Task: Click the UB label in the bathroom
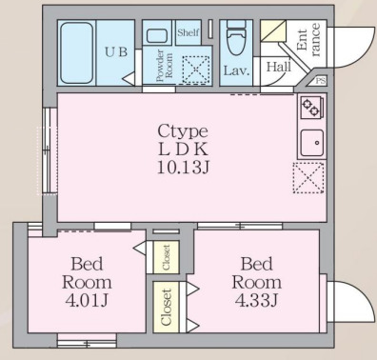[x=116, y=50]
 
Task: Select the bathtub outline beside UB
[x=76, y=53]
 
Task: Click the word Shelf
[x=188, y=31]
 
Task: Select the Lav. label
[x=236, y=70]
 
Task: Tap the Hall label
[x=278, y=67]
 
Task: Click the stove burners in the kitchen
[x=311, y=108]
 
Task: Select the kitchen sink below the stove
[x=311, y=142]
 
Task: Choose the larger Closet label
[x=168, y=307]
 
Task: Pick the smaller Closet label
[x=164, y=255]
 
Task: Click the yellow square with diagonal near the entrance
[x=273, y=32]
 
